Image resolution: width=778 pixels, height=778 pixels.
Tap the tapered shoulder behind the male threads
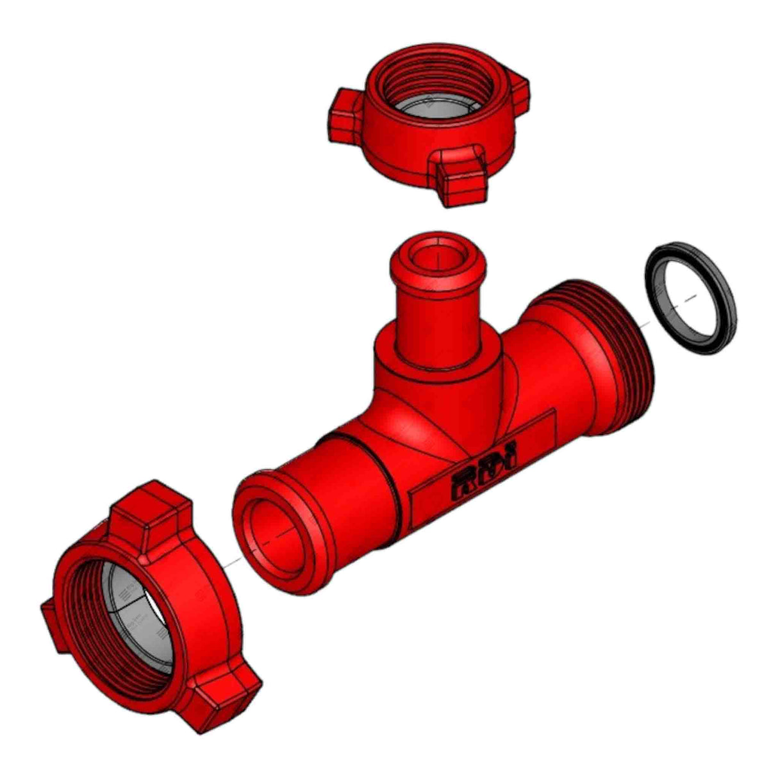(558, 346)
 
